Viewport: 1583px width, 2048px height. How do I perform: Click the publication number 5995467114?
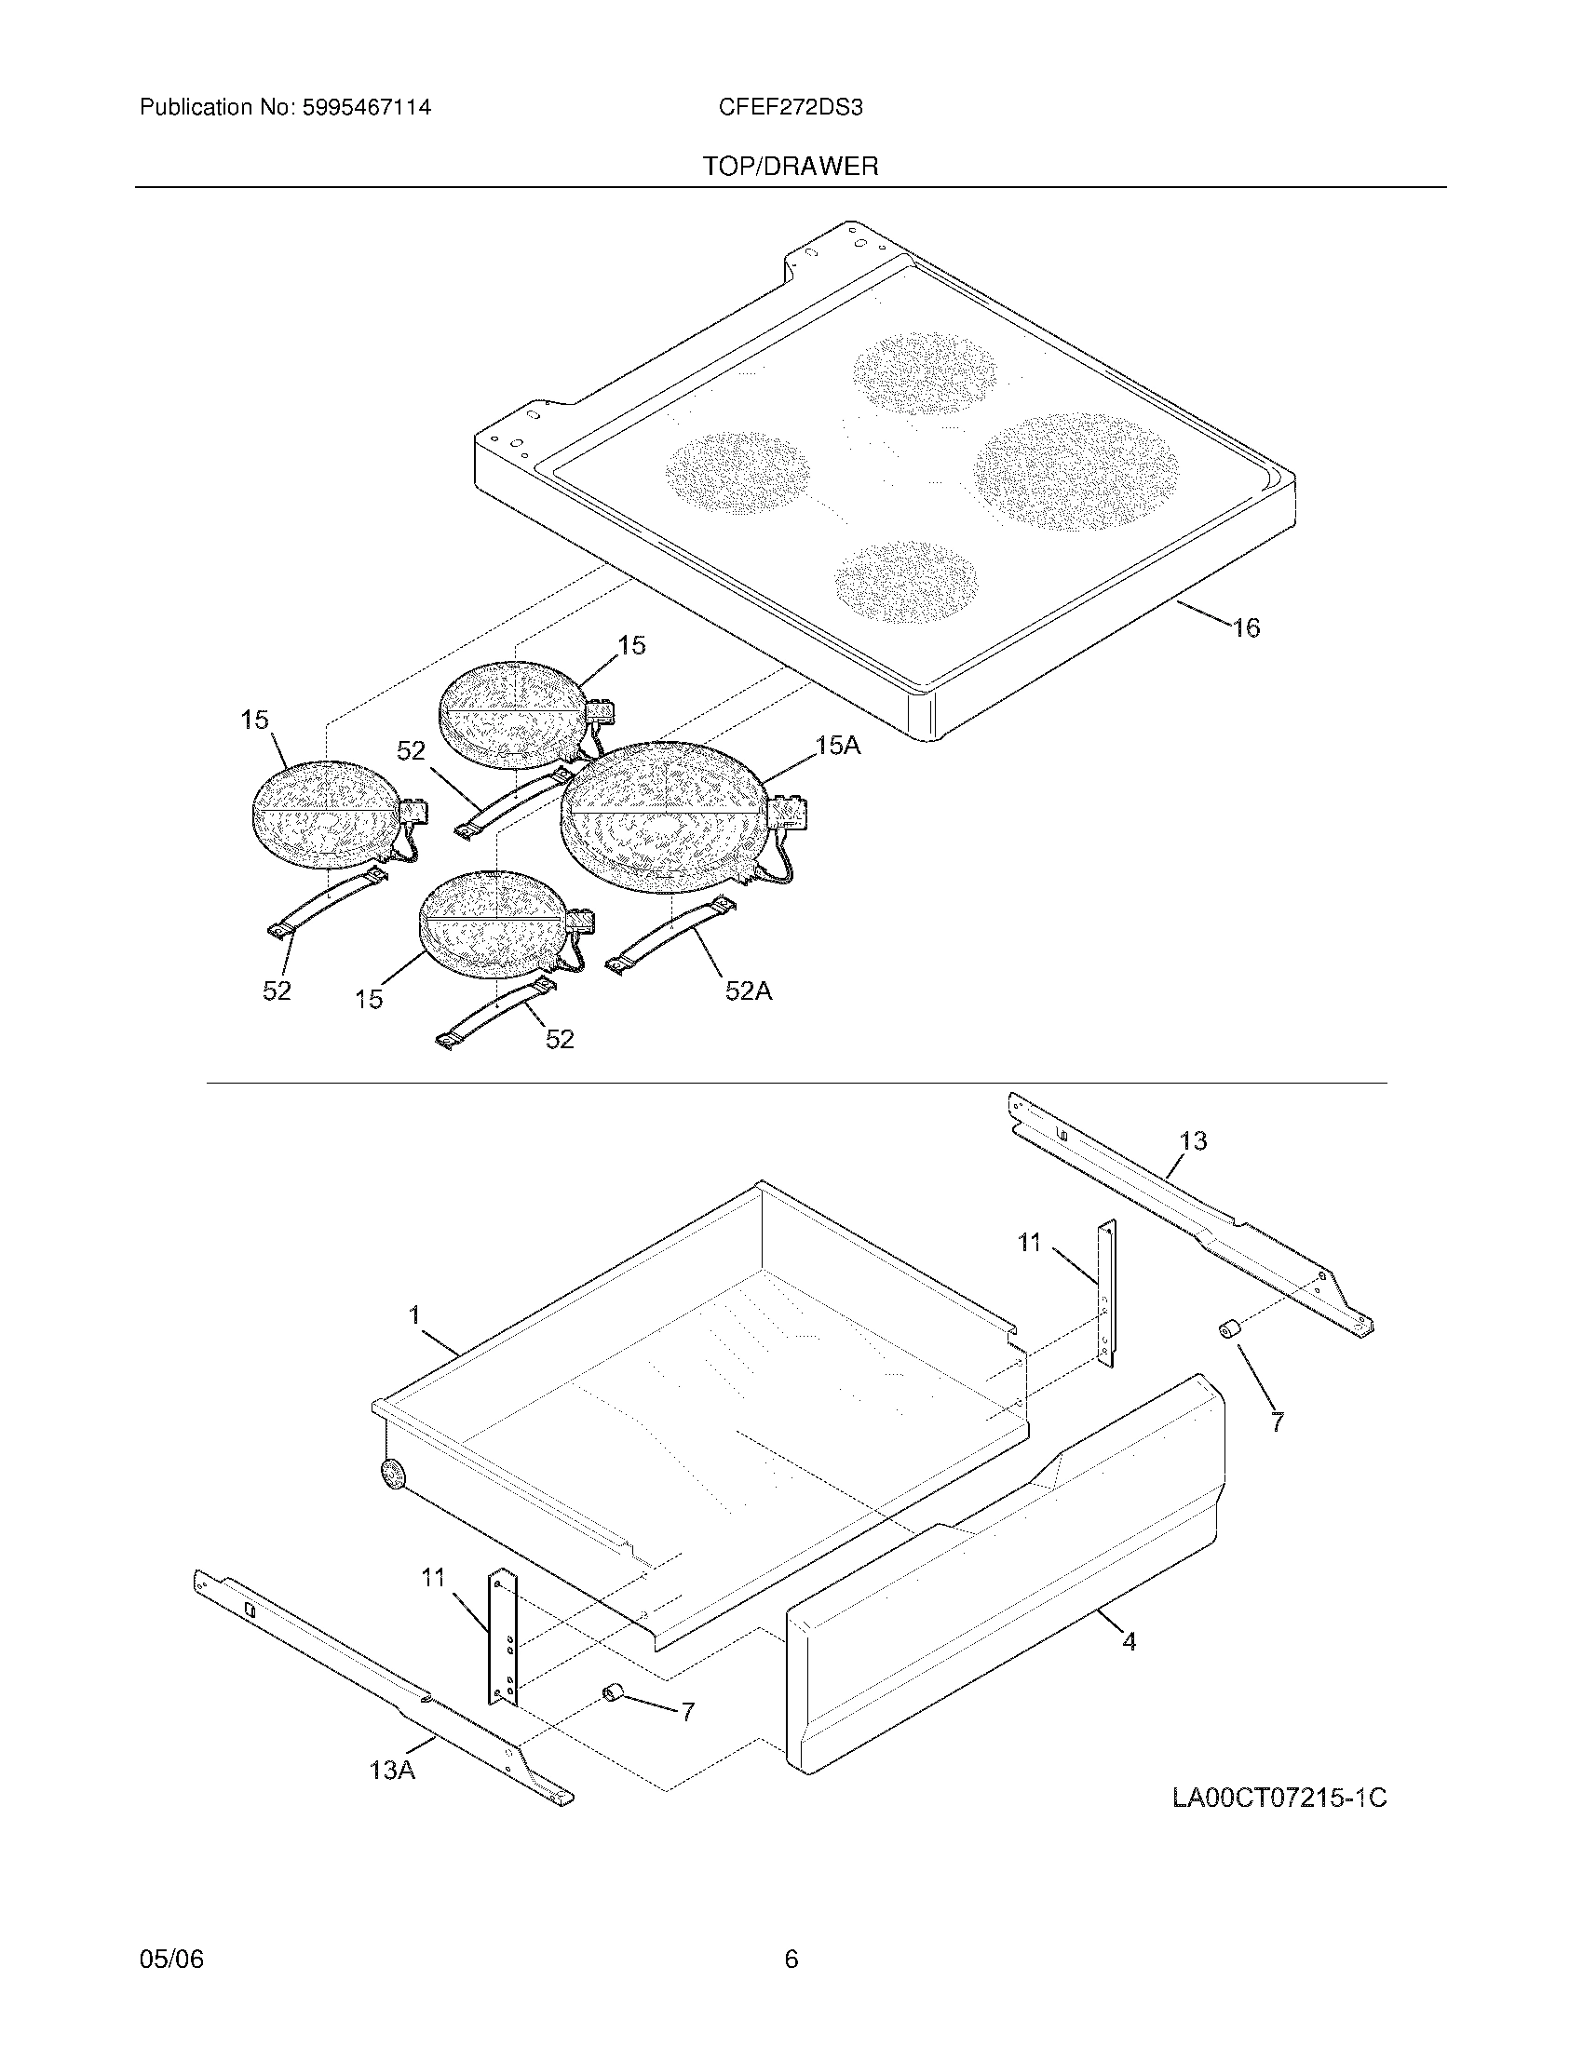[366, 108]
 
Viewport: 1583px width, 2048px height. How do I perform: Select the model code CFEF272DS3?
[791, 108]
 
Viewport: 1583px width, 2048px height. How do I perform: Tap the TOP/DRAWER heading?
[791, 167]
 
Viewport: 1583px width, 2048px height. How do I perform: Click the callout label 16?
[1245, 627]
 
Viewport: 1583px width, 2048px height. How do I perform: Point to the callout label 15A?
[837, 746]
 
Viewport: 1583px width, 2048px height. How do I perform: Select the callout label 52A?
[749, 990]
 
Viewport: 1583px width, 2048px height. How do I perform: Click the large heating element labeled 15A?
[666, 814]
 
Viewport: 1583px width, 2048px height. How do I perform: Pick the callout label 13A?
[392, 1770]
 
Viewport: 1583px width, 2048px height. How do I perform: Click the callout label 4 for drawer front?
[1130, 1641]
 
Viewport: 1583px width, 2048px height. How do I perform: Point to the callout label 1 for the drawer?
[414, 1314]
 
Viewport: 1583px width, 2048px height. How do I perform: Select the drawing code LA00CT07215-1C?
[1279, 1798]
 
